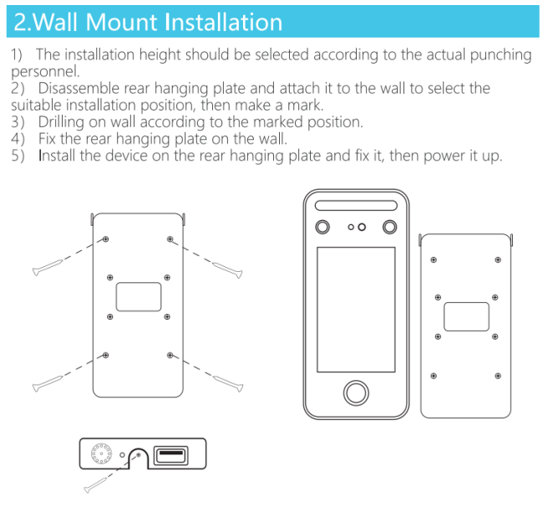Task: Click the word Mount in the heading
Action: [x=121, y=23]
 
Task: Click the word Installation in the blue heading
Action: [x=223, y=23]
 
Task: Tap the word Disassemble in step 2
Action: [x=79, y=88]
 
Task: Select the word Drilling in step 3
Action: [x=61, y=122]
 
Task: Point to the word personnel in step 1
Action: [x=45, y=72]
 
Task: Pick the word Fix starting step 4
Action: [x=47, y=139]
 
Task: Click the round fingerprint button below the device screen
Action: [x=356, y=392]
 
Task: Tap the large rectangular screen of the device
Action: [x=356, y=310]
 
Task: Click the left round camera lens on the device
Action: [x=322, y=228]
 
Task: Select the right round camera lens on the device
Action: [x=389, y=228]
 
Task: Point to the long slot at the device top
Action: [x=356, y=205]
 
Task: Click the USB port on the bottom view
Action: [x=170, y=455]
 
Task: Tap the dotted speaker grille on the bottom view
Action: [x=101, y=453]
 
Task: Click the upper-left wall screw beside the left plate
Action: [x=48, y=268]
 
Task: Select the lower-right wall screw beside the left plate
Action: [x=228, y=383]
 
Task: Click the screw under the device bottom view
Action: [x=95, y=485]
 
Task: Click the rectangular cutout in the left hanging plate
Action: [x=139, y=296]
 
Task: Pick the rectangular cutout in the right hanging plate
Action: [x=466, y=316]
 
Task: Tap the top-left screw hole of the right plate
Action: [x=434, y=260]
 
